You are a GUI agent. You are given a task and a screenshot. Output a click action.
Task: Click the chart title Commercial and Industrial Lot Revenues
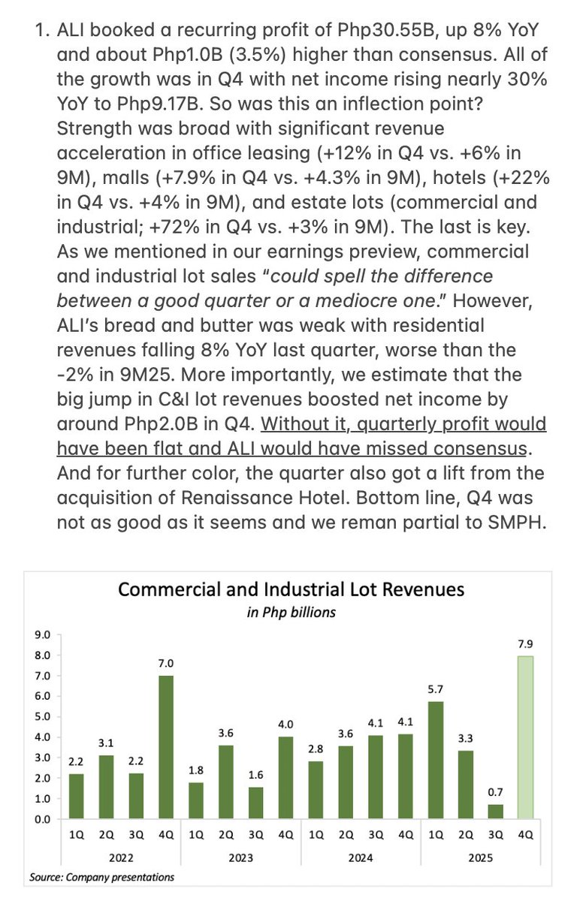click(x=291, y=589)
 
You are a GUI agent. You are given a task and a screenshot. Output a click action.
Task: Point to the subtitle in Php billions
click(x=291, y=612)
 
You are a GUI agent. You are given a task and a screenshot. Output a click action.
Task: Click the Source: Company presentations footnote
click(x=101, y=876)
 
